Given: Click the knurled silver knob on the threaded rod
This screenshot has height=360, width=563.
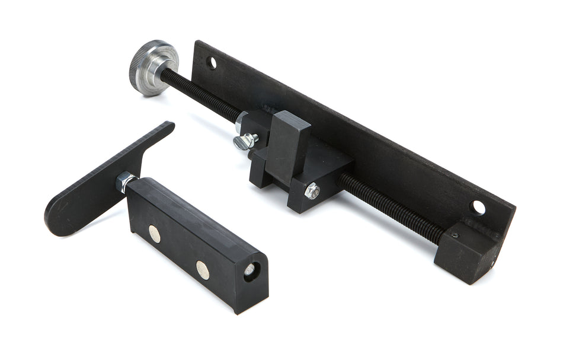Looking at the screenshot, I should click(x=152, y=67).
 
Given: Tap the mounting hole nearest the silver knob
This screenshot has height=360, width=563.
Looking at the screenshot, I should click(x=212, y=62).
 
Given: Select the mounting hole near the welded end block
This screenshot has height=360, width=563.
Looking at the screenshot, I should click(x=478, y=208).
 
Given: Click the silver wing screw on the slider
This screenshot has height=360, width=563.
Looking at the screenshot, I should click(x=245, y=141).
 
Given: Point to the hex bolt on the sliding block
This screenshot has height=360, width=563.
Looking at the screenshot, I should click(x=312, y=191).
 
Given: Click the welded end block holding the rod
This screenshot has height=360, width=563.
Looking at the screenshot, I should click(x=468, y=249).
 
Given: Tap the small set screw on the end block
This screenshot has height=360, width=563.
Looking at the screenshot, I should click(x=455, y=235).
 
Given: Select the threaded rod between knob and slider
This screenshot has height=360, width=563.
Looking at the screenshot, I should click(x=201, y=95).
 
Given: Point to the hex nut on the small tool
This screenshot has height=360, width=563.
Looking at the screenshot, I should click(x=126, y=181).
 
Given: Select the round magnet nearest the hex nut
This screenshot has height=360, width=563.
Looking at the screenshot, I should click(x=154, y=233).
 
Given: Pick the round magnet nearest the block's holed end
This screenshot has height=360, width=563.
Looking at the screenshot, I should click(x=203, y=269).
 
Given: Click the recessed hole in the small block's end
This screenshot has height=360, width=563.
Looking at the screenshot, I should click(x=249, y=269).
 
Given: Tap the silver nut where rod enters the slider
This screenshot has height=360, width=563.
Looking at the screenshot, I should click(x=240, y=123).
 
